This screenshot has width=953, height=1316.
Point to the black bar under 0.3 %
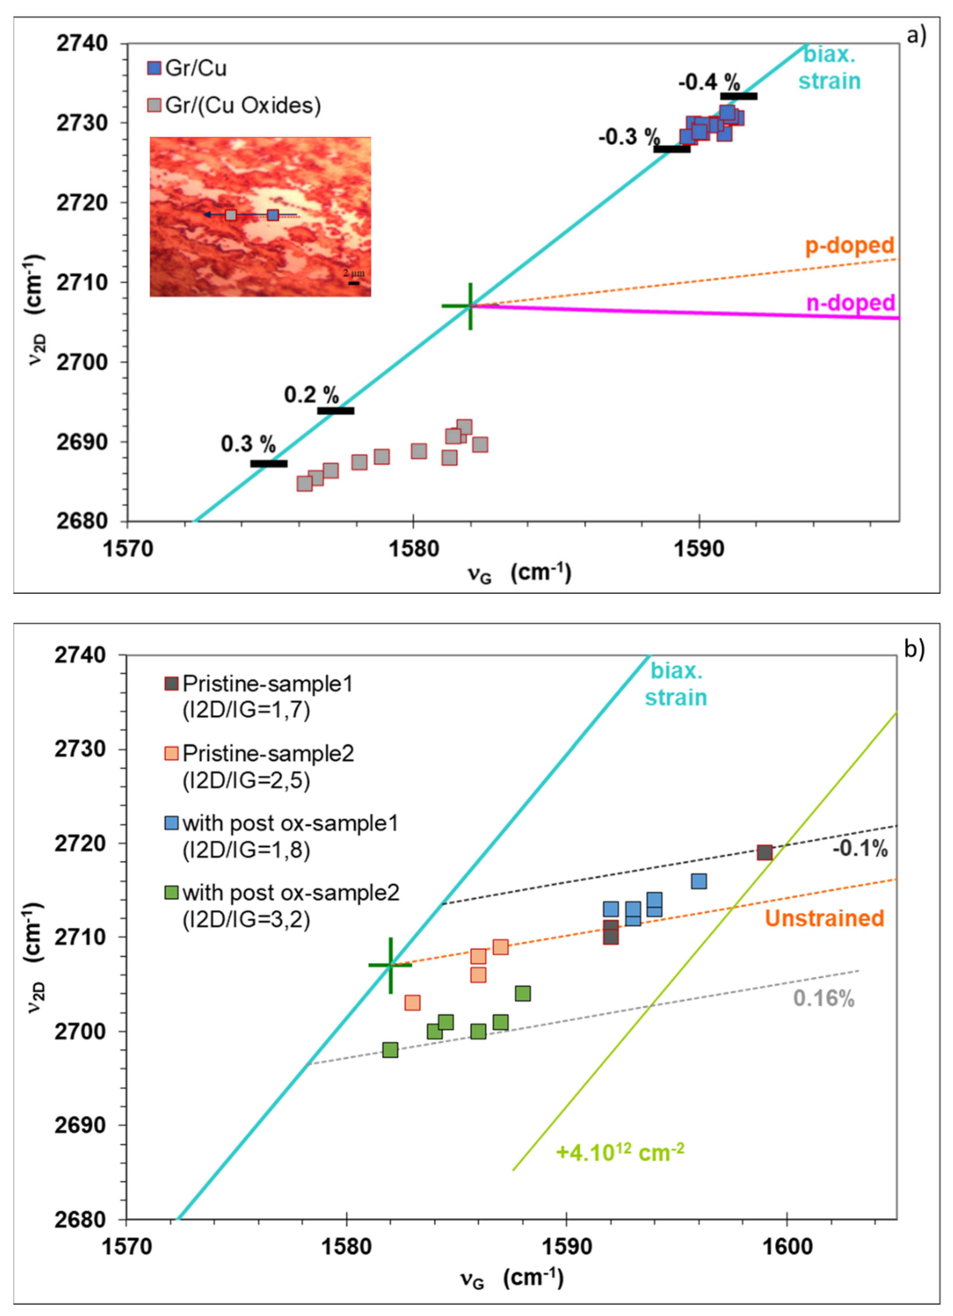pyautogui.click(x=269, y=463)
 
